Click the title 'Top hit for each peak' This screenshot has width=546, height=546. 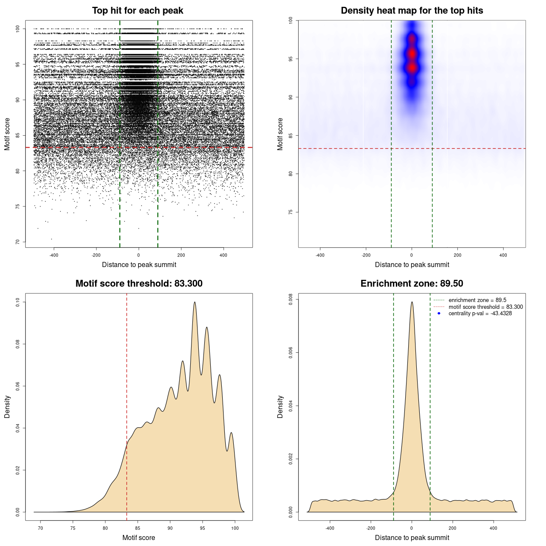tap(137, 11)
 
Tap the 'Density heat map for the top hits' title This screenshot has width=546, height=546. tap(412, 11)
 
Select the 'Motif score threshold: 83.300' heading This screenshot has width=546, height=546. tap(139, 284)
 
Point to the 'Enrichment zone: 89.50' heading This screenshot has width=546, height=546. tap(412, 284)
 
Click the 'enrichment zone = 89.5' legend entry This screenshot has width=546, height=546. tap(477, 300)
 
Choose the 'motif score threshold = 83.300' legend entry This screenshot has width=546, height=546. tap(485, 307)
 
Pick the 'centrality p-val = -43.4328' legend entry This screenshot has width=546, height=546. tap(480, 314)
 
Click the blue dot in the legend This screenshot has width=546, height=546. tap(439, 314)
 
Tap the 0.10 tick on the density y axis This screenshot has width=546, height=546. tap(17, 302)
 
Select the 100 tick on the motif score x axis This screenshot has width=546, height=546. tap(235, 528)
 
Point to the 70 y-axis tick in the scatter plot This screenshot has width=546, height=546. tap(17, 242)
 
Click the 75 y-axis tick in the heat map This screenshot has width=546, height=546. tap(290, 212)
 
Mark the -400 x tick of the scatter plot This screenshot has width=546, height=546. tap(54, 255)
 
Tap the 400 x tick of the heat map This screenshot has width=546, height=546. tap(503, 255)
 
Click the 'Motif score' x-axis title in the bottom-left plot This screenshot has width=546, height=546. tap(139, 537)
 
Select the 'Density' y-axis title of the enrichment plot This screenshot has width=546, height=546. tap(280, 407)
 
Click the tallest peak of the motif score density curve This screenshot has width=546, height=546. tap(195, 302)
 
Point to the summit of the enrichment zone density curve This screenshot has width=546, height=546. tap(412, 302)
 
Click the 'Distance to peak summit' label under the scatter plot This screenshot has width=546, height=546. tap(139, 264)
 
